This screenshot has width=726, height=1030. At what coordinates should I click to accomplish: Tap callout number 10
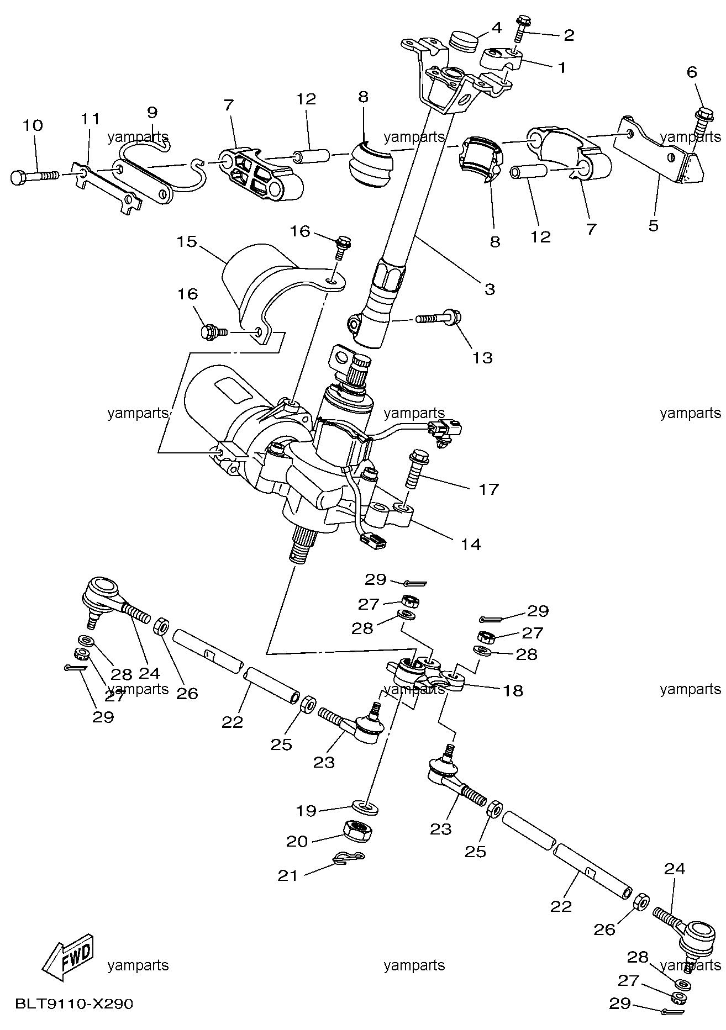click(33, 125)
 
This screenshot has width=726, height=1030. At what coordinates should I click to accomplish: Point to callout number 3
click(490, 289)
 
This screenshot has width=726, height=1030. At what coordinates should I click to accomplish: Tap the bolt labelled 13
click(436, 319)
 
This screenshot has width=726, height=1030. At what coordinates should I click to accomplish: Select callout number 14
click(471, 544)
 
